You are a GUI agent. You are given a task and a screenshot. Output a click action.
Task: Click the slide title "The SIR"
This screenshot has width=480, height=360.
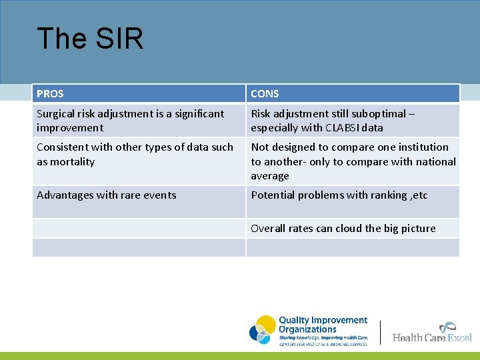coord(90,39)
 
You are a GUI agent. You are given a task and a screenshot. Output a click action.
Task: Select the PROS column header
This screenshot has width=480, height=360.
coord(51,94)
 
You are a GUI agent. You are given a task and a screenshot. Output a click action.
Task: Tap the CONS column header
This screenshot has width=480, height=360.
coord(265,94)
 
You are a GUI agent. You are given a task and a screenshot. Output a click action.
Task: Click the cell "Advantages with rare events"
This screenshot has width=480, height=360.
coord(107,195)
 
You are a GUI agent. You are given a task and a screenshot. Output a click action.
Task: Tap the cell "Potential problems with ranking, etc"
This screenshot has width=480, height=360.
coord(339,195)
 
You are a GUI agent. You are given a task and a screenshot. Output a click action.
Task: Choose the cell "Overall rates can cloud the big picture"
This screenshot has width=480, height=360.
coord(343,229)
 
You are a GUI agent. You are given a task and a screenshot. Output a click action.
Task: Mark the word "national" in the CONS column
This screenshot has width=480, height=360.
coord(435,162)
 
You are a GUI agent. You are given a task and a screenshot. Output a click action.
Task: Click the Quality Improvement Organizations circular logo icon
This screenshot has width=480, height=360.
coord(263,330)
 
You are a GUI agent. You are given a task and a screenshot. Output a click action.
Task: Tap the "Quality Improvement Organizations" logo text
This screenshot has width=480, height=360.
coord(323,325)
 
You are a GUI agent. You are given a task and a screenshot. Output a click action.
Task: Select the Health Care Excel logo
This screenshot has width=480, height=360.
coord(432,333)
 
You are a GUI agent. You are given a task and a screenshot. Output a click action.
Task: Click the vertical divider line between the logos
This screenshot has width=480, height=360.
coord(380,332)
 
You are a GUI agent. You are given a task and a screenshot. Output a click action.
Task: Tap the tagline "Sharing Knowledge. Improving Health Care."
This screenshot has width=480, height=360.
coord(323,338)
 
